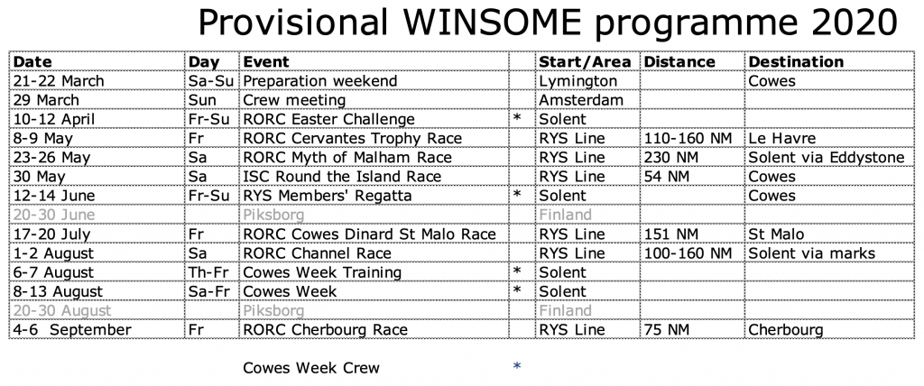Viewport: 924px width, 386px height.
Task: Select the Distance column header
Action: pyautogui.click(x=678, y=62)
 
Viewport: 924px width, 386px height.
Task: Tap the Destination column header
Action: pyautogui.click(x=796, y=62)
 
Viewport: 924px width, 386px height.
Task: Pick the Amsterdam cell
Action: pyautogui.click(x=581, y=100)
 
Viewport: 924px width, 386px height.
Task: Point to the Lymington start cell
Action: pyautogui.click(x=578, y=81)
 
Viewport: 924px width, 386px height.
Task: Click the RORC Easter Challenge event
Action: pyautogui.click(x=329, y=119)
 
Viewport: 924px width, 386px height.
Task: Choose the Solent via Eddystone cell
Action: pyautogui.click(x=827, y=157)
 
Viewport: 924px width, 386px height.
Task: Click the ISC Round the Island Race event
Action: pyautogui.click(x=342, y=177)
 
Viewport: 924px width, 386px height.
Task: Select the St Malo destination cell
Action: pyautogui.click(x=776, y=234)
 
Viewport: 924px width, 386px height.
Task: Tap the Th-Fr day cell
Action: pyautogui.click(x=208, y=272)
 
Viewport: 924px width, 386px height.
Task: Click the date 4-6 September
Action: pyautogui.click(x=72, y=329)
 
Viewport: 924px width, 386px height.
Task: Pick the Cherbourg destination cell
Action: pyautogui.click(x=786, y=329)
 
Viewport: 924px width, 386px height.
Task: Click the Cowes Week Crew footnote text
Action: pyautogui.click(x=311, y=368)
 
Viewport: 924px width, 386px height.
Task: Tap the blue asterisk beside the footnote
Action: pyautogui.click(x=517, y=366)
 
